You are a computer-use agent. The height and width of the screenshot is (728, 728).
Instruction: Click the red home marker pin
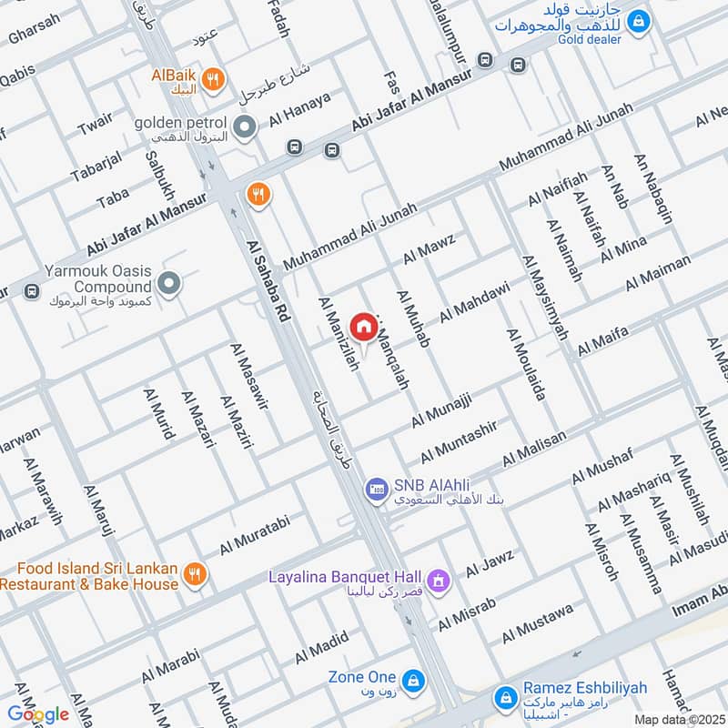click(x=363, y=327)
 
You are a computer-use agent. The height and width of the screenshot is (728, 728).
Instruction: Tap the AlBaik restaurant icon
click(x=212, y=79)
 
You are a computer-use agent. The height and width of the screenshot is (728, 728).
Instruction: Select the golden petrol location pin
click(x=244, y=127)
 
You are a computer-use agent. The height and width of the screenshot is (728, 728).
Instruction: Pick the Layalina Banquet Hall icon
click(x=439, y=579)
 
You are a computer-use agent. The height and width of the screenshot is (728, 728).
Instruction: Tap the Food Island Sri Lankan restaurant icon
click(x=194, y=575)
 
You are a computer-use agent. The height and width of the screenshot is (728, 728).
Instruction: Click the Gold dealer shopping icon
click(x=640, y=18)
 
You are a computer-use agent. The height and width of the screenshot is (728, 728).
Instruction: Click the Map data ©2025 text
click(x=678, y=719)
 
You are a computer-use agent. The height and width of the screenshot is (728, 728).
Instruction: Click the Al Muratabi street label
click(x=254, y=537)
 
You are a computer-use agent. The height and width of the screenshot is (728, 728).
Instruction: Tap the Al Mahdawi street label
click(x=474, y=301)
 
